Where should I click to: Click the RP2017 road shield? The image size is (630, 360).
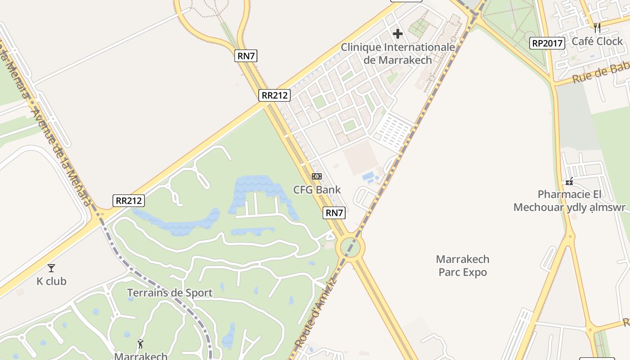547,43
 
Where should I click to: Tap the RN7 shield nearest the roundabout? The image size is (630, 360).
334,213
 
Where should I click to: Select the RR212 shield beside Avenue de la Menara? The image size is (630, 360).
129,201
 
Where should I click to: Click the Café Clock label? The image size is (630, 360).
597,41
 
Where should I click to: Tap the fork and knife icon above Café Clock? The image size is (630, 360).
597,28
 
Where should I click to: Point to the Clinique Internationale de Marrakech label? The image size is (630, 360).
398,54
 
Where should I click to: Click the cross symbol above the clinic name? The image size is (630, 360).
398,34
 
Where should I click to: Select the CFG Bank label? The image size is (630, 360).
317,189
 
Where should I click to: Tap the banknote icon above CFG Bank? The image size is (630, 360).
317,176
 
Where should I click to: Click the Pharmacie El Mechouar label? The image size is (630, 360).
569,201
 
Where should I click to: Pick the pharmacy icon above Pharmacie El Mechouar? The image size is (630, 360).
569,181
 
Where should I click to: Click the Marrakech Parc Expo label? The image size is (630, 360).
463,265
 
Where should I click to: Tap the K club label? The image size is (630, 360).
51,281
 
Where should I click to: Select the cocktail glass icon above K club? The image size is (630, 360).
51,268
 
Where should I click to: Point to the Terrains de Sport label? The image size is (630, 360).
170,293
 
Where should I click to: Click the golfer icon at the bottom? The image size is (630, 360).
140,344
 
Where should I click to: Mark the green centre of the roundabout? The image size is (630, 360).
352,247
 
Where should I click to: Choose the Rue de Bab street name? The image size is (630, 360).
600,73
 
